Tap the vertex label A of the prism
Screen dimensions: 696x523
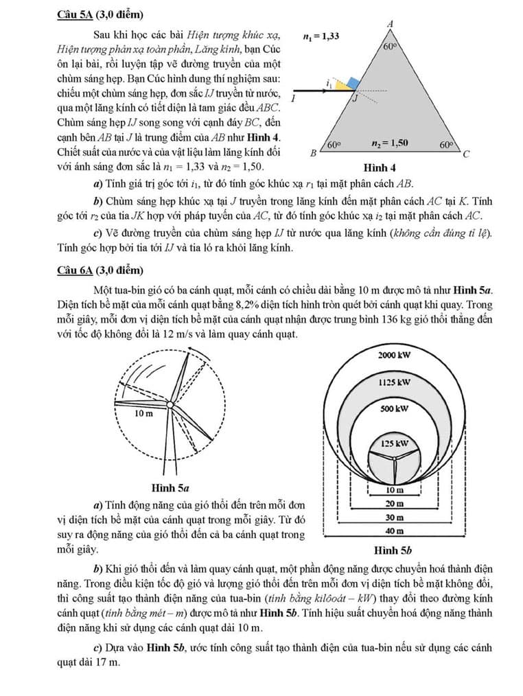390,24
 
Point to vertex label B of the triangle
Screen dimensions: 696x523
313,154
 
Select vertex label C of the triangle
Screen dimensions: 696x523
466,154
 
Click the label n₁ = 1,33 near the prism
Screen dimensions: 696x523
321,36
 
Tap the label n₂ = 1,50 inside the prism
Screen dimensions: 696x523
389,143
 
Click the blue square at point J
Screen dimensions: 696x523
353,84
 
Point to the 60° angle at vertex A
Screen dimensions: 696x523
391,47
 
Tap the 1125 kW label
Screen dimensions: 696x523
394,382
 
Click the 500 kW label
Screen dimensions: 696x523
394,408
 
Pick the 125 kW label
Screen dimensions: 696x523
395,443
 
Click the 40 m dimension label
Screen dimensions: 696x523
394,531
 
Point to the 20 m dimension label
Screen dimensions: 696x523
394,503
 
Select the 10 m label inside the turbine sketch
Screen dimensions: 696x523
143,413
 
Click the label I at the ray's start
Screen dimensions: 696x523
293,99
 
